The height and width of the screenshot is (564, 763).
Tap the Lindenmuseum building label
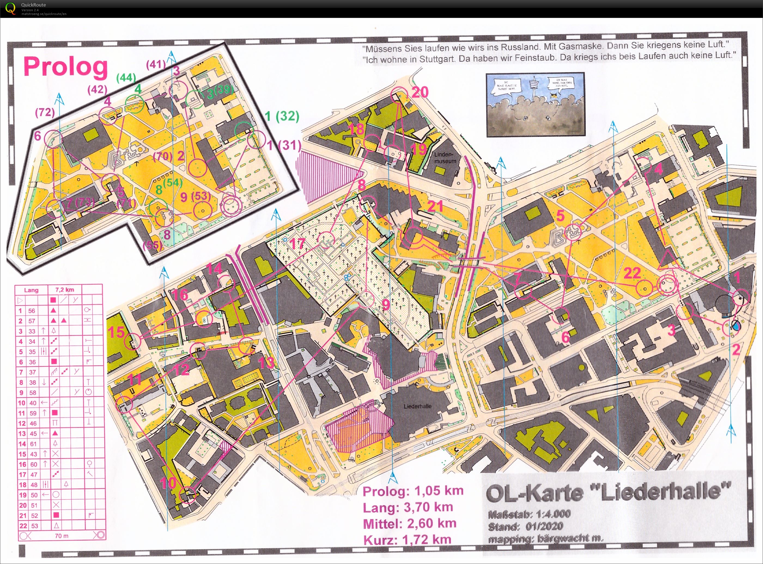tap(445, 158)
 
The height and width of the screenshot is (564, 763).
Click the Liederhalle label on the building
tap(417, 406)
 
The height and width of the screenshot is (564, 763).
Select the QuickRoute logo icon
tap(11, 8)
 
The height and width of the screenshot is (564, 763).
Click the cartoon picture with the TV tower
tap(536, 104)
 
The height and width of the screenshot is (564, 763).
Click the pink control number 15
tap(116, 332)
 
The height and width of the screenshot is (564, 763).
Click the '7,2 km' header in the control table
tap(65, 290)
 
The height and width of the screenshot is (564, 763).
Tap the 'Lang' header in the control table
tap(31, 290)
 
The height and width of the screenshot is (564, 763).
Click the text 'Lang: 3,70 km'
tap(408, 507)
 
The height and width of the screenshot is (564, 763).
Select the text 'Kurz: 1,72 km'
tap(407, 540)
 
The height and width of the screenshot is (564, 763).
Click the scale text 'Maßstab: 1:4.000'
tap(529, 514)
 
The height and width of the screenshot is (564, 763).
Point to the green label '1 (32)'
tap(282, 117)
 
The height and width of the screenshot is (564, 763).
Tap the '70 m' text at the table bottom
tap(62, 536)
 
